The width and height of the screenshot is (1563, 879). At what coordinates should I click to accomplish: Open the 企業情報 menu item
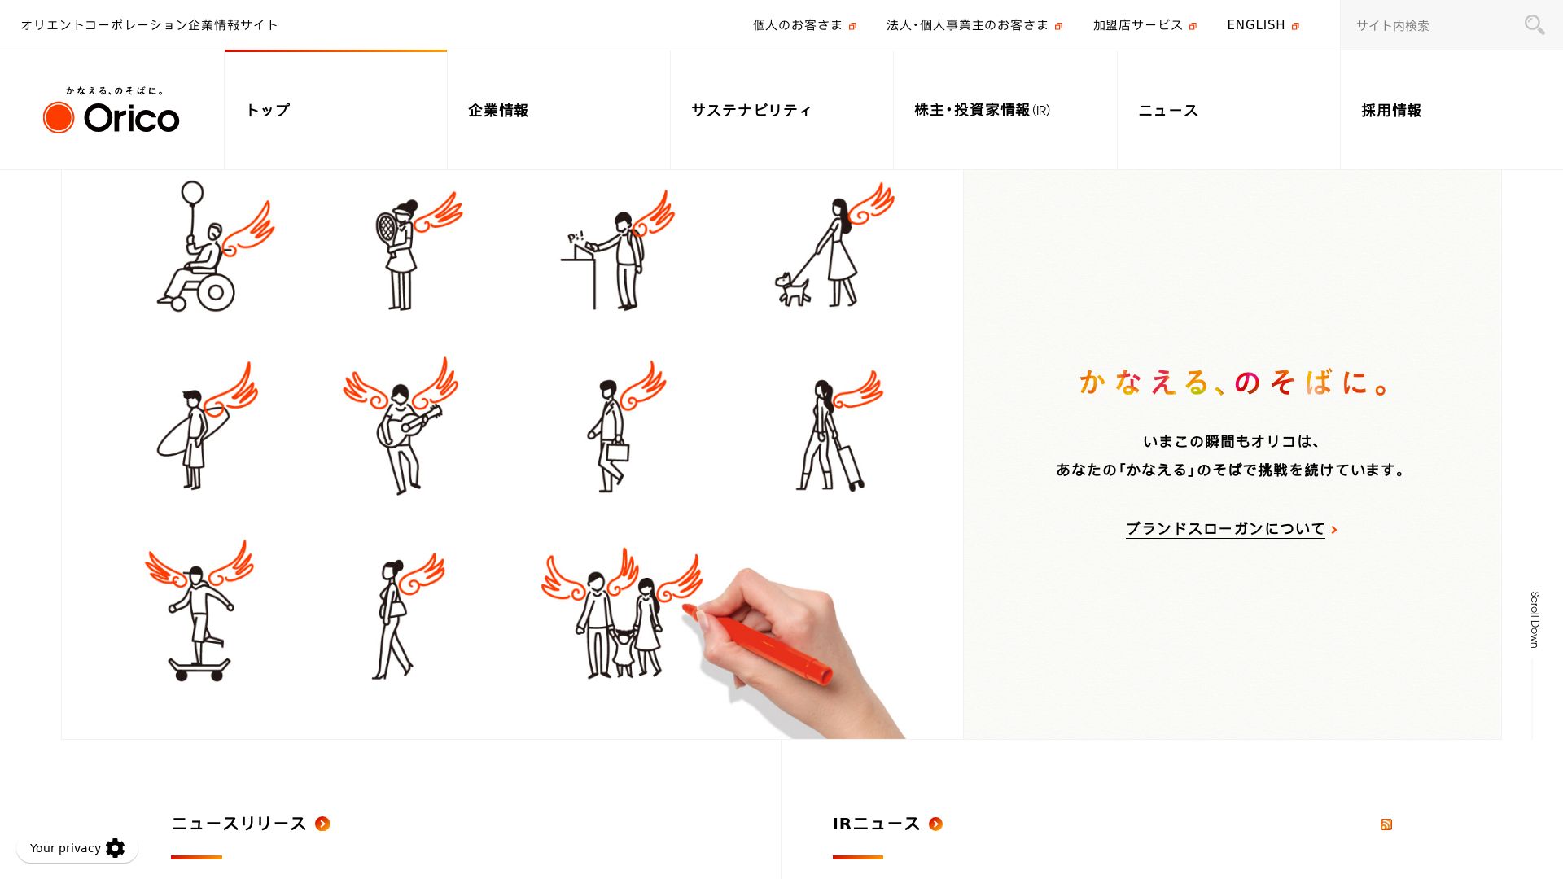pyautogui.click(x=498, y=111)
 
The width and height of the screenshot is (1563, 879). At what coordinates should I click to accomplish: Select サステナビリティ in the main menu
pyautogui.click(x=751, y=111)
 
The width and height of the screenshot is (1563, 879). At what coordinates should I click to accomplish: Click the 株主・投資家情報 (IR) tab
pyautogui.click(x=982, y=110)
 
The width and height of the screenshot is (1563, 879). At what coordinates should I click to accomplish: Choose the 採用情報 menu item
pyautogui.click(x=1391, y=111)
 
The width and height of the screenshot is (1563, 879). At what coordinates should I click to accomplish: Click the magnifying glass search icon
pyautogui.click(x=1534, y=25)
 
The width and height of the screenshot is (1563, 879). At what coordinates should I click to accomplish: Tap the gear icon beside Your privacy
pyautogui.click(x=116, y=848)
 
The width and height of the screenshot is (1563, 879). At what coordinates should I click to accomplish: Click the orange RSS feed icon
pyautogui.click(x=1386, y=824)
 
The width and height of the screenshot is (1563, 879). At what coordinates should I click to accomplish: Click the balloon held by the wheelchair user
pyautogui.click(x=192, y=193)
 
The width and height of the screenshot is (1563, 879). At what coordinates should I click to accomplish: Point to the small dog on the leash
pyautogui.click(x=792, y=289)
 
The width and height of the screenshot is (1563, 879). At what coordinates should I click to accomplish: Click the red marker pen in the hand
pyautogui.click(x=757, y=642)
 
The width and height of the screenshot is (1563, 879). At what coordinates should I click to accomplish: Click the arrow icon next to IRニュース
pyautogui.click(x=935, y=824)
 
